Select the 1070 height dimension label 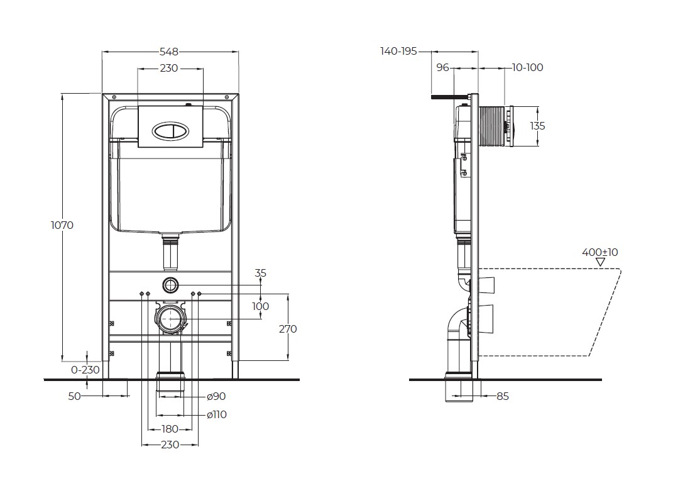[x=62, y=225]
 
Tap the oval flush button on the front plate [x=170, y=131]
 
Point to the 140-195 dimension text [x=398, y=52]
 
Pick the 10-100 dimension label [x=527, y=68]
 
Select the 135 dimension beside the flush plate [x=537, y=126]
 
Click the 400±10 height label [x=599, y=252]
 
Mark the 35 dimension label [x=261, y=273]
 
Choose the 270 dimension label [x=288, y=329]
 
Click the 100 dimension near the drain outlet [x=260, y=306]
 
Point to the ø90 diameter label [x=216, y=397]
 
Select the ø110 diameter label [x=217, y=414]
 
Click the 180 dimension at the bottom [x=170, y=429]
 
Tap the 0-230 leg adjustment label [x=85, y=370]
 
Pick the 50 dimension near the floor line [x=74, y=397]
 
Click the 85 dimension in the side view [x=502, y=397]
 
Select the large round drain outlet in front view [x=169, y=319]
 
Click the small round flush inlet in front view [x=170, y=284]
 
